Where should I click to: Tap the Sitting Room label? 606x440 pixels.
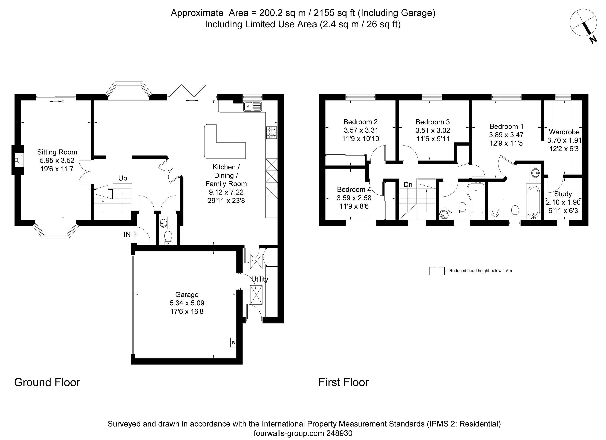click(x=57, y=152)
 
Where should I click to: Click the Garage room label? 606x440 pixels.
click(x=187, y=295)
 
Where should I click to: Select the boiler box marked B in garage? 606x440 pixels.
click(x=233, y=343)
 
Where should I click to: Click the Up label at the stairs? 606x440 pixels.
click(x=123, y=178)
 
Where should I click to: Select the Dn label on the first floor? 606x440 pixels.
click(x=408, y=184)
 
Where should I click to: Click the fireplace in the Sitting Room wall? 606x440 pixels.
click(x=18, y=160)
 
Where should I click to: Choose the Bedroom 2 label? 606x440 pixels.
click(x=360, y=122)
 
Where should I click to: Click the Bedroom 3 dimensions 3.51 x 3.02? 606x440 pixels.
click(x=433, y=131)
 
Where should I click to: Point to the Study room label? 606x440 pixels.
click(x=563, y=194)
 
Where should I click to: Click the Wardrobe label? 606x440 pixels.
click(x=564, y=132)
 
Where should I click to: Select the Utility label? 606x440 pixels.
click(x=260, y=279)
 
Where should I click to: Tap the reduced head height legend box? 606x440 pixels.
click(x=437, y=271)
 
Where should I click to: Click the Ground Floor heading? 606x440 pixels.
click(x=47, y=382)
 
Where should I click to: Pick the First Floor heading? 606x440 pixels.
click(x=344, y=382)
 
